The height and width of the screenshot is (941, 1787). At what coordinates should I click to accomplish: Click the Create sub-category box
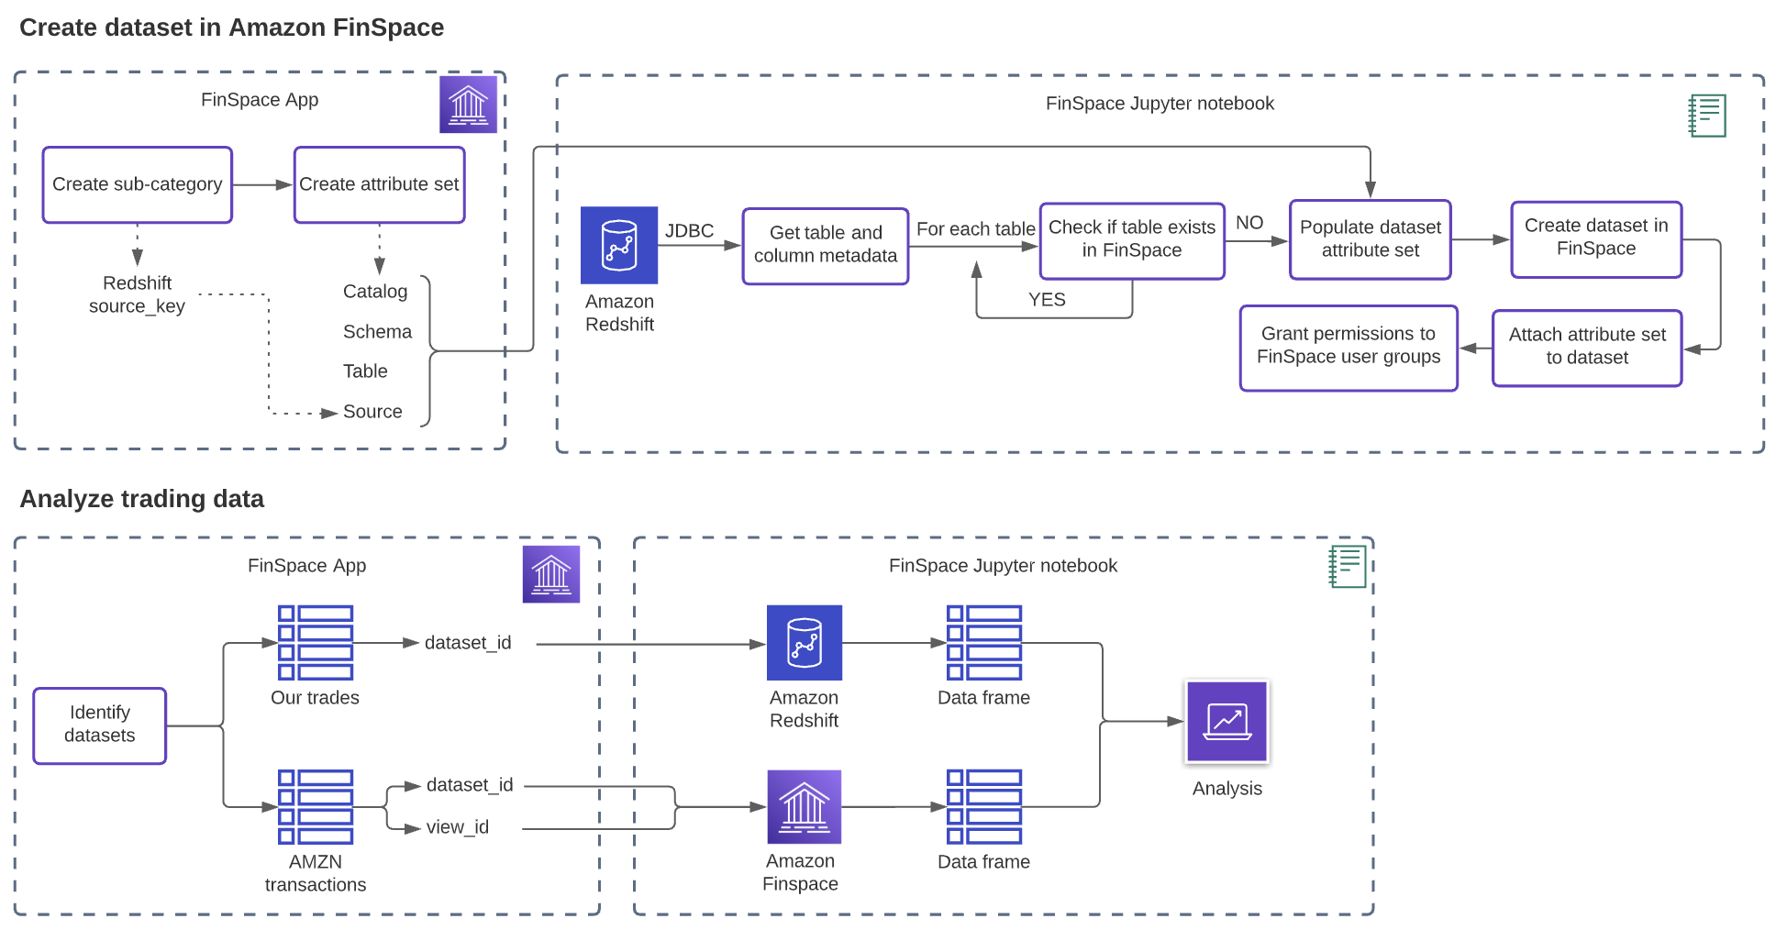tap(138, 184)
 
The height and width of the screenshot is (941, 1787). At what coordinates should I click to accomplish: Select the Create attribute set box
tap(379, 184)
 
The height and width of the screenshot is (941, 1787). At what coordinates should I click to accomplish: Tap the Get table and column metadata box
tap(826, 245)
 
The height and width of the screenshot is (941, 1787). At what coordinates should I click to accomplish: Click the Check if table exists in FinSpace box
tap(1132, 239)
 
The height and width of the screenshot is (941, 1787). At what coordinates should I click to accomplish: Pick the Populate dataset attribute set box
tap(1371, 239)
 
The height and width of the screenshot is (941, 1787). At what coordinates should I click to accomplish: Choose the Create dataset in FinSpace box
tap(1596, 238)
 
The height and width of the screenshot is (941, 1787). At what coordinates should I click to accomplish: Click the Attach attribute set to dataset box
tap(1587, 347)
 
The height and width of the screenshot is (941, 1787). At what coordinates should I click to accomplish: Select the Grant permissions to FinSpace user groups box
tap(1349, 347)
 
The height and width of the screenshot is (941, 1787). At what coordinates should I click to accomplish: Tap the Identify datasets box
tap(100, 725)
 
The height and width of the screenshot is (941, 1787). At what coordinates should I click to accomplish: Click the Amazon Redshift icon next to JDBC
tap(619, 245)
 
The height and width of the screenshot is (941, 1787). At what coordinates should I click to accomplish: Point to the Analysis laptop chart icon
tap(1227, 722)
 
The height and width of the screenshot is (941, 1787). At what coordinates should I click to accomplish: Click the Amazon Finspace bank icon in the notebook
tap(805, 807)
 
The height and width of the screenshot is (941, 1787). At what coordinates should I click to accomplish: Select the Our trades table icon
tap(316, 643)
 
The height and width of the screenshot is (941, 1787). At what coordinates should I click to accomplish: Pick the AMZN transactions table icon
tap(316, 807)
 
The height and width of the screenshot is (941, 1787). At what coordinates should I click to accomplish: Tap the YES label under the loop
tap(1047, 300)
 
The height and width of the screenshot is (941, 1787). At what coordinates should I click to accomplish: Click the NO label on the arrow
tap(1249, 223)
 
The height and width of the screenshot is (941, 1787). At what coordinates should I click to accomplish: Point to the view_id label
tap(458, 827)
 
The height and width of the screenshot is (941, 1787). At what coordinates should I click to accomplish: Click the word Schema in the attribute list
tap(377, 332)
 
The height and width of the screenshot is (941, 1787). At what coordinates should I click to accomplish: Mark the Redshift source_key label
tap(138, 294)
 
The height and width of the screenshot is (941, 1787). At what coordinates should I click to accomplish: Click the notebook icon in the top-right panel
tap(1708, 116)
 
